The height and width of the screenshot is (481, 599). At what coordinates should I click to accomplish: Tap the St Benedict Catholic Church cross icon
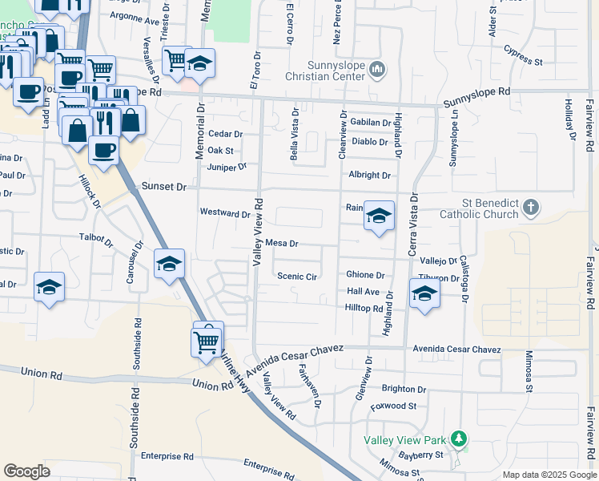pos(530,209)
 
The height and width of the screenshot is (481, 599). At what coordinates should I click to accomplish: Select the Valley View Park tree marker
pos(458,439)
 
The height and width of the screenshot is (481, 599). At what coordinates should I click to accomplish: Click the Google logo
pos(26,471)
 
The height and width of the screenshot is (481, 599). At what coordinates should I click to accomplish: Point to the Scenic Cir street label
pos(298,277)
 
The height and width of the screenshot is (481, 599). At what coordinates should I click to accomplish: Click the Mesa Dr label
pos(282,243)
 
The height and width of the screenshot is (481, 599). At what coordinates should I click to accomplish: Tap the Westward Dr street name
pos(225,213)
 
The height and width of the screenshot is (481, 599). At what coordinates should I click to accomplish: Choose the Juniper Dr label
pos(227,167)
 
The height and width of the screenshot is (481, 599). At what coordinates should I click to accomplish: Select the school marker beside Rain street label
pos(380,216)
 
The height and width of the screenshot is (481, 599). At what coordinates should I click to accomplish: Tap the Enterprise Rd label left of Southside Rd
pos(167,456)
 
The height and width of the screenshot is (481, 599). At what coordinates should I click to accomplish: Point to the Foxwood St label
pos(394,406)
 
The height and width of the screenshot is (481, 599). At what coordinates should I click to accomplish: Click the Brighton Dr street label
pos(404,389)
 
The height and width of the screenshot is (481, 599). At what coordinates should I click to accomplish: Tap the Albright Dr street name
pos(369,175)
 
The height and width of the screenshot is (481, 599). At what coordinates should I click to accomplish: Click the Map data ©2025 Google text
pos(549,475)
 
